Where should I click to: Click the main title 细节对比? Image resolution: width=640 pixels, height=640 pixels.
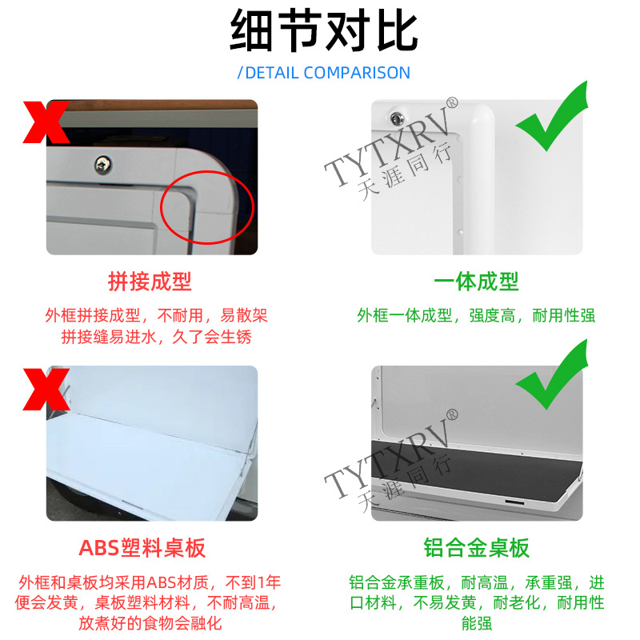click(324, 30)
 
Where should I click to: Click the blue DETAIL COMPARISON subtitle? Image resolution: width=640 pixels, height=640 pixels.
click(324, 73)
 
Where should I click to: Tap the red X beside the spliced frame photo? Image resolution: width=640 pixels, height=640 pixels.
click(46, 122)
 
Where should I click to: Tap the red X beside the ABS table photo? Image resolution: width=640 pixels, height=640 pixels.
click(46, 389)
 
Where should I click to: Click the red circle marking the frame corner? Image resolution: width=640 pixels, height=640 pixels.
click(161, 207)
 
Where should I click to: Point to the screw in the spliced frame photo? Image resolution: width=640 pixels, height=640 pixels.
click(103, 164)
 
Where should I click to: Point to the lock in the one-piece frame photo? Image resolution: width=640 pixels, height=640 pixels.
click(396, 118)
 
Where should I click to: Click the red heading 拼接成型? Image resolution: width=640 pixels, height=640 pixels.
click(150, 282)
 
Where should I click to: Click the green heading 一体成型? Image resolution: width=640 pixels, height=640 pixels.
click(476, 282)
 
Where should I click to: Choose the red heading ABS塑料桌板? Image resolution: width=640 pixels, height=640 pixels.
click(142, 548)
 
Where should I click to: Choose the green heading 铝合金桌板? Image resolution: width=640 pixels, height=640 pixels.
click(476, 548)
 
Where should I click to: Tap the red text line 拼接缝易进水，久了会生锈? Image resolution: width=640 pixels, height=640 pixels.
click(156, 337)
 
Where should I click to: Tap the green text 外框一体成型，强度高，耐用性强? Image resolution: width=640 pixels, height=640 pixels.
click(476, 315)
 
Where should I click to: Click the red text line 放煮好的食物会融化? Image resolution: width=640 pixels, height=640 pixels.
click(150, 623)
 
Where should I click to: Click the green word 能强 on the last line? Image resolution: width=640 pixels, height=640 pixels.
click(477, 623)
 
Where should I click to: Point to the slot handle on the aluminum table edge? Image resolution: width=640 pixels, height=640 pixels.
click(514, 502)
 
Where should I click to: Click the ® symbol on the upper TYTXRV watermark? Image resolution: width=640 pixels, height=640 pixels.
click(452, 103)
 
